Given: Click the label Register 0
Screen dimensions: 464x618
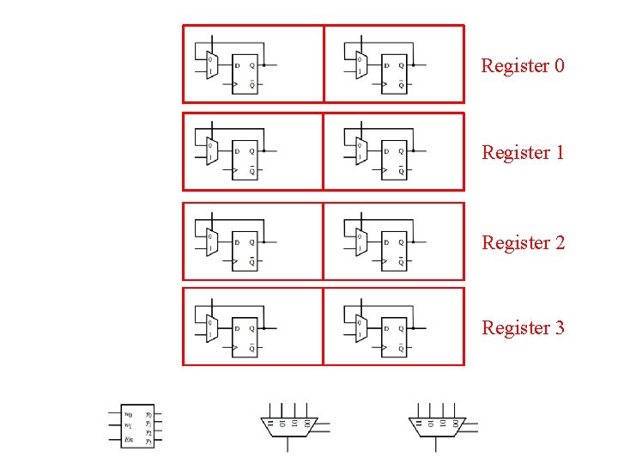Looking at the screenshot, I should coord(523,65).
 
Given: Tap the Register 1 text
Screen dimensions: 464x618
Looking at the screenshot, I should coord(523,153).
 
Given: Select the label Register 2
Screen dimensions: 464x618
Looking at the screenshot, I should coord(523,242).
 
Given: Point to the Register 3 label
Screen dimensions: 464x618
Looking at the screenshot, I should coord(523,327).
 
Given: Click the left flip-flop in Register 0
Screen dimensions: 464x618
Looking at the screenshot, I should coord(245,73).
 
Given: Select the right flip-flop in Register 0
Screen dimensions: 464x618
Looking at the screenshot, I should coord(394,73).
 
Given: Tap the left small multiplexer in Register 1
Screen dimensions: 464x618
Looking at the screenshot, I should coord(211,152).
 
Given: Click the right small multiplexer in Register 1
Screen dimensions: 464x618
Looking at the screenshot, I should coord(360,152).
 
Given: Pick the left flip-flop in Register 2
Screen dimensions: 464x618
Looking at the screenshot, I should coord(245,250).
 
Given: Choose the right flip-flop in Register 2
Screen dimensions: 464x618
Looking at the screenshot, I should coord(394,250).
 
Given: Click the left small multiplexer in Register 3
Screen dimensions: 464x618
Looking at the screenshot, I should coord(211,327).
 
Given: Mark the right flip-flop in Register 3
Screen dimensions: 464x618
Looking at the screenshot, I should coord(394,336).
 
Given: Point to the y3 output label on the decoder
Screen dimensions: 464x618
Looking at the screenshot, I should coord(148,442).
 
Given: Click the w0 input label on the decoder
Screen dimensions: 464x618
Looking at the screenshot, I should coord(128,414).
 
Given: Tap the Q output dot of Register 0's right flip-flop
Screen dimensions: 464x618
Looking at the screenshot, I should coord(414,64).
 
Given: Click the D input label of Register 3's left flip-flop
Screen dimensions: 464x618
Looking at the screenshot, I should coord(238,327).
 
